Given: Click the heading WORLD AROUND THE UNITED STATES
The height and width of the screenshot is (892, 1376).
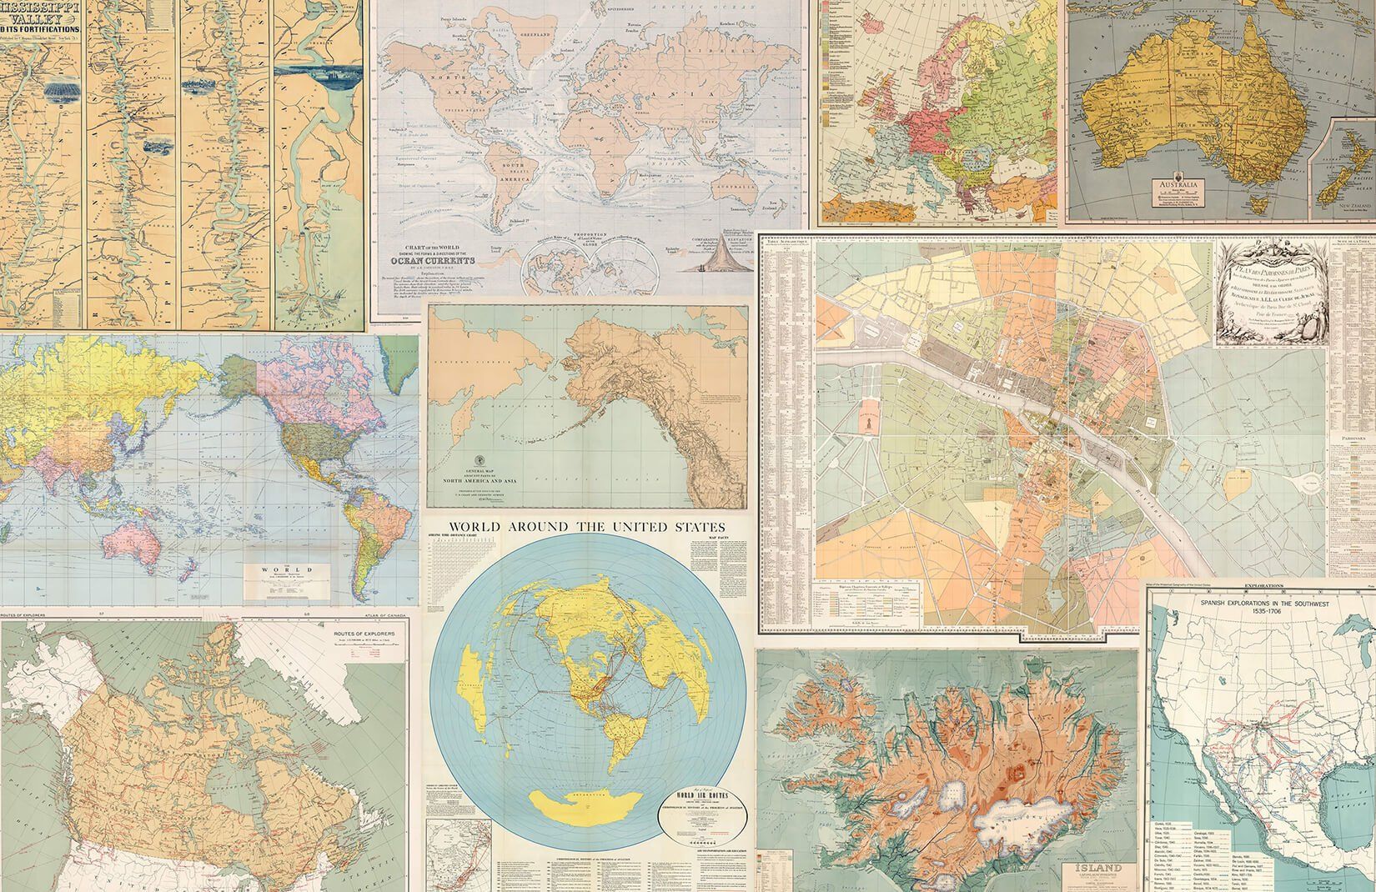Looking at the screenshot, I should click(x=587, y=526).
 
